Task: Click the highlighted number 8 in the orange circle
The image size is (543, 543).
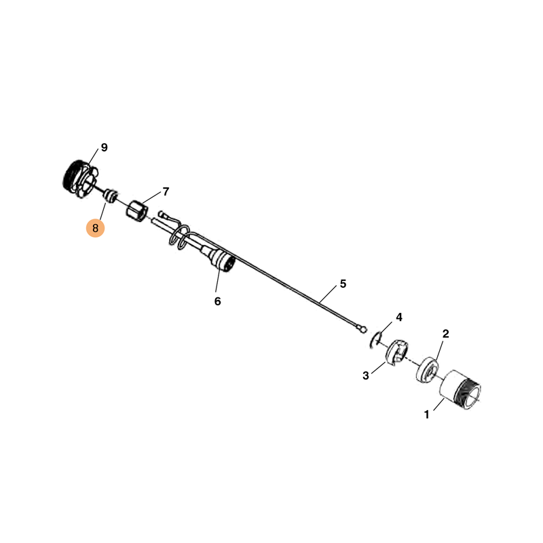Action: [x=95, y=228]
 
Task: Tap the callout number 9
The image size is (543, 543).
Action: [x=105, y=147]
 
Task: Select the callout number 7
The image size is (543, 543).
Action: [x=166, y=191]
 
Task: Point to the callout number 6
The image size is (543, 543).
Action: [x=217, y=301]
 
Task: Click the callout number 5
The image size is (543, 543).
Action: [x=343, y=284]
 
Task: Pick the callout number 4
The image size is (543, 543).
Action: [x=399, y=317]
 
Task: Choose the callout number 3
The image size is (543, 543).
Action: [x=366, y=375]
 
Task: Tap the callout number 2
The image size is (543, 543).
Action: [x=446, y=333]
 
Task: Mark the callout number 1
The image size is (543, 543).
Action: [x=427, y=414]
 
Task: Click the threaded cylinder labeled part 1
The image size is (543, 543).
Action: [x=460, y=390]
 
